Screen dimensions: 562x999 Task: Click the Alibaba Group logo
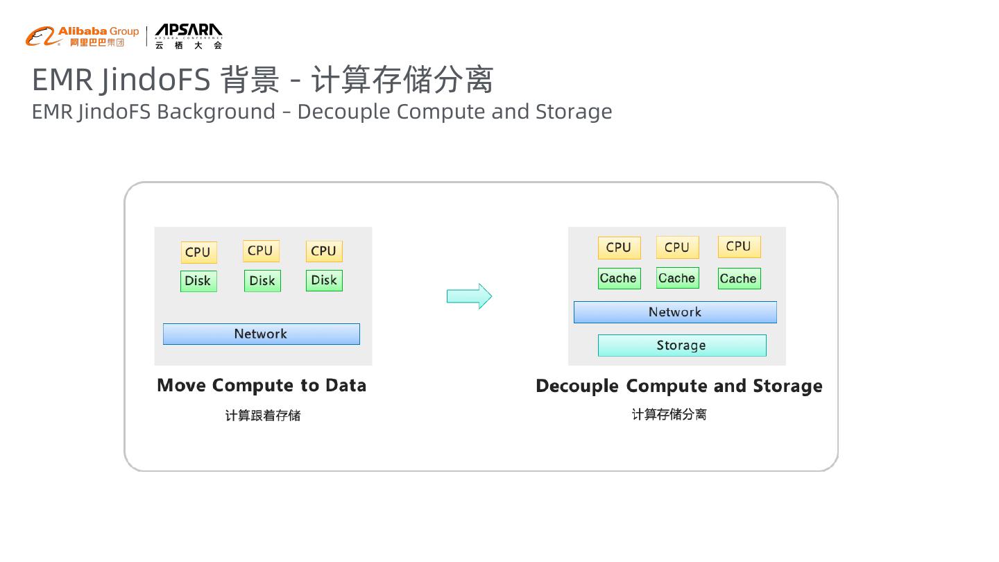(x=82, y=36)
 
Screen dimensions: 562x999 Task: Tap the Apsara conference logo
(x=188, y=36)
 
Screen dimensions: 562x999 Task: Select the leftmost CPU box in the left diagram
(x=198, y=253)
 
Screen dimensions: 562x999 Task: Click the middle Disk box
(x=262, y=281)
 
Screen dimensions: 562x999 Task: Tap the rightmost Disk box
(x=324, y=280)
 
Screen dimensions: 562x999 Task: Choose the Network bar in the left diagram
(x=261, y=334)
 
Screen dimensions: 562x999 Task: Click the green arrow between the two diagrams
(x=469, y=296)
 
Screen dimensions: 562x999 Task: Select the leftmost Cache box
(x=619, y=278)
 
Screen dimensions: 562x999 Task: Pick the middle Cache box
(x=677, y=278)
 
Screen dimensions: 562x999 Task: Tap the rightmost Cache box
(x=738, y=279)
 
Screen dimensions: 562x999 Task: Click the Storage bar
(x=682, y=346)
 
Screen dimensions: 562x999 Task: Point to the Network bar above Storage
(x=675, y=312)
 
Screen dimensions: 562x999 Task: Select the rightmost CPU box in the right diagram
(x=739, y=247)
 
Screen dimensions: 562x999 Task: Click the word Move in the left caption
(x=181, y=386)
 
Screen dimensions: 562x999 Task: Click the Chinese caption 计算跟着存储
(x=263, y=416)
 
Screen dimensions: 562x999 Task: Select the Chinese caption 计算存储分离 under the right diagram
(x=669, y=414)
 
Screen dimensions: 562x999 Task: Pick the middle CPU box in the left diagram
(x=261, y=251)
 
